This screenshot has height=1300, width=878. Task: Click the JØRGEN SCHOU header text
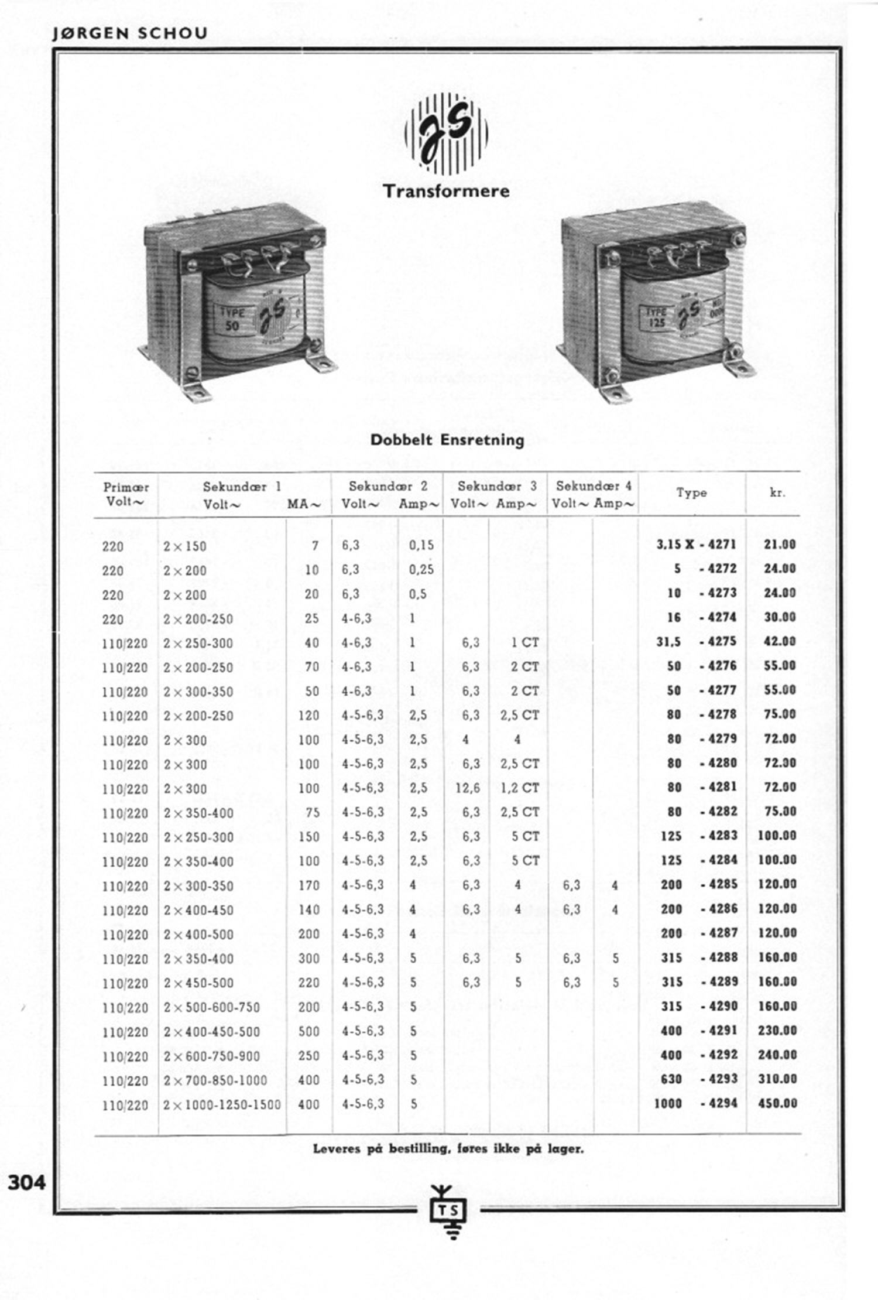129,33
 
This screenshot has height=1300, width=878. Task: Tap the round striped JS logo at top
446,132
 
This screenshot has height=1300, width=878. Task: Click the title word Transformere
446,191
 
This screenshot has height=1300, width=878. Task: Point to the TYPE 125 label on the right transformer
656,317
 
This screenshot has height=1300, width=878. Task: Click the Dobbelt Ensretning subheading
447,440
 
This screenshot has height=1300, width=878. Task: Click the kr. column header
777,493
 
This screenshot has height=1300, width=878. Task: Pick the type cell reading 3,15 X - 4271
696,545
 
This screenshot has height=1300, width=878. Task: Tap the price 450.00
777,1103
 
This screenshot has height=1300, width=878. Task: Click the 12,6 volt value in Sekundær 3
467,788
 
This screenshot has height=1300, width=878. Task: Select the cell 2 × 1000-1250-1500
222,1104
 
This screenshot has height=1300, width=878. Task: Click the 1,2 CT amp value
519,788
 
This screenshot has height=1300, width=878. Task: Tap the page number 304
26,1183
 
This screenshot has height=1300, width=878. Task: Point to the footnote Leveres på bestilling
448,1149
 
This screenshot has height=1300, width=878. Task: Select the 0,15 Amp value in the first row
421,546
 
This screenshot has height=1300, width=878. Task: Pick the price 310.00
777,1079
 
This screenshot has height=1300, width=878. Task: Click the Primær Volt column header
125,494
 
